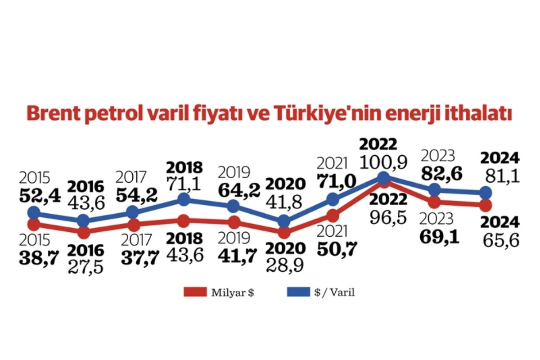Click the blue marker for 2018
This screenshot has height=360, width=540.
pos(184,199)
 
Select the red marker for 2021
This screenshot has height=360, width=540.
pos(333,216)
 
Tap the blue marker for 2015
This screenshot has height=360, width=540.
pos(34,213)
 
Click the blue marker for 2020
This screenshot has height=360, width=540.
pos(284,221)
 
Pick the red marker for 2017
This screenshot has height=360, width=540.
pos(134,225)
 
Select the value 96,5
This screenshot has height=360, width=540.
pos(388,217)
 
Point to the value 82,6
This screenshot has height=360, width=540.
pos(441,173)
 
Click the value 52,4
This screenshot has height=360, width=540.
pos(40,196)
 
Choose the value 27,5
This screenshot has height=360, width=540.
pos(85,267)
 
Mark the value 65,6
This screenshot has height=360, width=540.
pos(501,240)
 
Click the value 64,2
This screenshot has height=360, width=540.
pos(239,190)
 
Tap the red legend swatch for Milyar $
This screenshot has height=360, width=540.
pos(195,292)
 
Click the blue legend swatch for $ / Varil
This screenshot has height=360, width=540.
pos(298,292)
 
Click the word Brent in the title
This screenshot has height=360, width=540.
pos(54,113)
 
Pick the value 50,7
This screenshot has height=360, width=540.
pos(337,248)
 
